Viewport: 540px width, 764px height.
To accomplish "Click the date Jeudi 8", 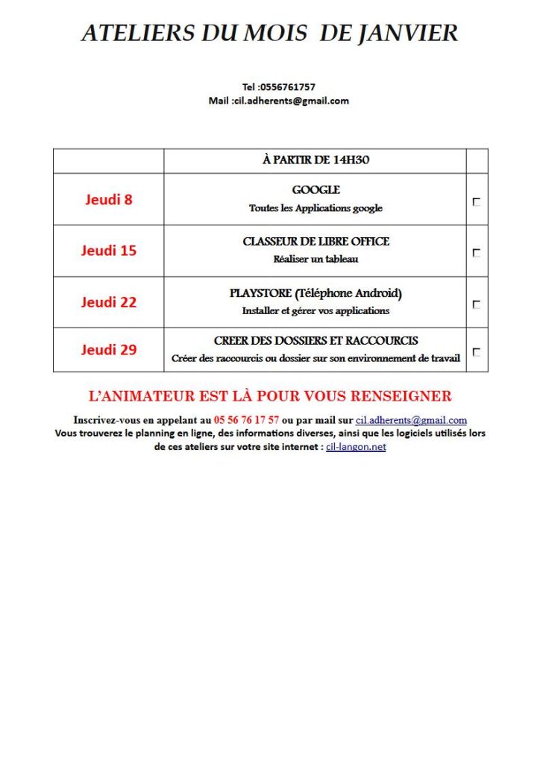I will pos(109,199).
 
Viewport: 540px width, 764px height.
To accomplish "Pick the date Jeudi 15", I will pos(109,251).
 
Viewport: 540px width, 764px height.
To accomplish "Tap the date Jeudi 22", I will pos(109,302).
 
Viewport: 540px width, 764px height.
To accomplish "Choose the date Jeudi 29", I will pos(109,349).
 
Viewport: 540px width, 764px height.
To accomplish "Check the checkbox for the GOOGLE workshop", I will pos(477,201).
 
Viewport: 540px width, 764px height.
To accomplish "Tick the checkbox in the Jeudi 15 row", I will pos(477,253).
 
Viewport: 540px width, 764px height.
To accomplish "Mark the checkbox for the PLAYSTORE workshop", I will pos(477,304).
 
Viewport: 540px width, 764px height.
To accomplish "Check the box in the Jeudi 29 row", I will pos(477,352).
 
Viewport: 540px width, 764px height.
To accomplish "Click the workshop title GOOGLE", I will pos(315,190).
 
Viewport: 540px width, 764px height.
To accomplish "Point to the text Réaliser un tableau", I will pos(315,260).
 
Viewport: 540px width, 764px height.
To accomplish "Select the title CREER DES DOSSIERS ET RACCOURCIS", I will pos(315,341).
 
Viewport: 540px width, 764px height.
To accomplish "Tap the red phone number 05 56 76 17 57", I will pos(246,420).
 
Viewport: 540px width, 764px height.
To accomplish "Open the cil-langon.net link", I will pos(356,447).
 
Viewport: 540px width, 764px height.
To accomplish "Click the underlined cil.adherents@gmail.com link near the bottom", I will pos(411,420).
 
